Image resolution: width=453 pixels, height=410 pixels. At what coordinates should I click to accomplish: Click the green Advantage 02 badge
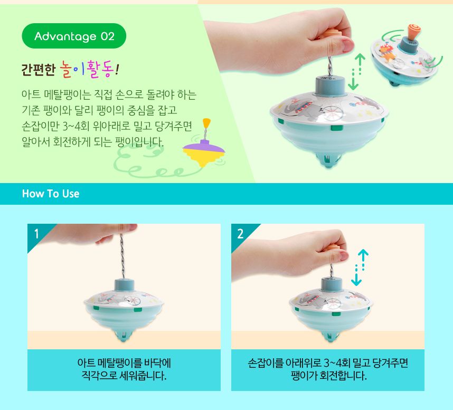[x=74, y=36]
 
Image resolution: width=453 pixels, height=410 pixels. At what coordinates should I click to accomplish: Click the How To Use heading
[x=51, y=194]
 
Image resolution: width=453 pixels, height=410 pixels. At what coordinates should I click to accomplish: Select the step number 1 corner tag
[x=36, y=233]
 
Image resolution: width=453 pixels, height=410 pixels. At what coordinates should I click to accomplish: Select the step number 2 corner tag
[x=240, y=233]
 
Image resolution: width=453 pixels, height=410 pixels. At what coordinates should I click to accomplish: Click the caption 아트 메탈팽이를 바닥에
[x=124, y=364]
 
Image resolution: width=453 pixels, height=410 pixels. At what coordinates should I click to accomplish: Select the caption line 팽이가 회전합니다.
[x=328, y=376]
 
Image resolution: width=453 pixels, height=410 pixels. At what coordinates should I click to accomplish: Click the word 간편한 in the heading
[x=36, y=69]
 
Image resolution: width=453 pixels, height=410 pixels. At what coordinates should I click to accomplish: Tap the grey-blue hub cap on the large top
[x=330, y=84]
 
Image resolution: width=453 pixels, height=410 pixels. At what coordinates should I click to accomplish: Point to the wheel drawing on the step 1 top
[x=133, y=300]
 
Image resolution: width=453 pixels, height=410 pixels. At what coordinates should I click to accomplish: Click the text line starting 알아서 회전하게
[x=92, y=142]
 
